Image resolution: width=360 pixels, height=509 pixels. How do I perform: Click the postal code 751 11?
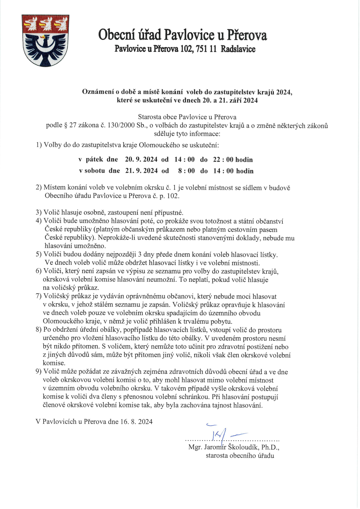[x=206, y=49]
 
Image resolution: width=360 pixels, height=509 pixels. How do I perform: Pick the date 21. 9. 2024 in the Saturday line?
[x=141, y=171]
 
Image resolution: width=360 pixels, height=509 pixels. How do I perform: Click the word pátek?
[x=94, y=160]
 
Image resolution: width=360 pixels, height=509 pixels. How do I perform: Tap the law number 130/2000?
[x=121, y=126]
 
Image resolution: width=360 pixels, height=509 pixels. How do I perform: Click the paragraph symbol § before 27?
[x=65, y=126]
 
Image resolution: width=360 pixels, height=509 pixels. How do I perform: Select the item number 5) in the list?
[x=39, y=255]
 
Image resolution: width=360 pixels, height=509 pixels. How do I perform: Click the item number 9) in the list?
[x=39, y=372]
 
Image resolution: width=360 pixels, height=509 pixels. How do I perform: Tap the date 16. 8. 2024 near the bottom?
[x=136, y=422]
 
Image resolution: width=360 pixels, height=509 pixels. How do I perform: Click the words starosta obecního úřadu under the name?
[x=240, y=456]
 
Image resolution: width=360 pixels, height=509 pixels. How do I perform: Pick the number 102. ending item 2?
[x=173, y=196]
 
